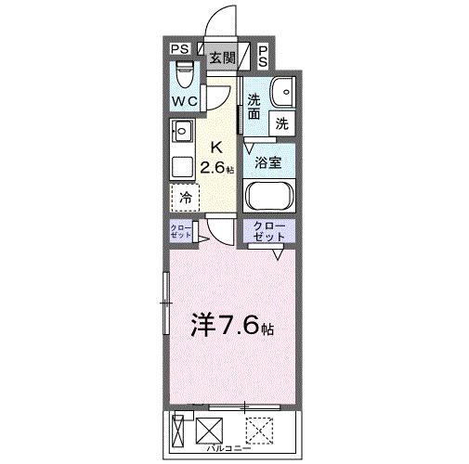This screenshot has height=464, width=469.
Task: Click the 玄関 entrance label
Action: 220,58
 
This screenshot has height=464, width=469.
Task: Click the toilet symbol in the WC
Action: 183,71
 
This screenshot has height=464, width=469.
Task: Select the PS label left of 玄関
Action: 179,51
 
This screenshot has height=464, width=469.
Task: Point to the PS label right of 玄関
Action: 263,57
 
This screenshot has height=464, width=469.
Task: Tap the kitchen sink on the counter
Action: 182,133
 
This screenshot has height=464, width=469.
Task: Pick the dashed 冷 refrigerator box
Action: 186,197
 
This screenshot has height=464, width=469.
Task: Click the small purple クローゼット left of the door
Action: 181,233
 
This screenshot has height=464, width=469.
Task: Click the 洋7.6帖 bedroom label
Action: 232,327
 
